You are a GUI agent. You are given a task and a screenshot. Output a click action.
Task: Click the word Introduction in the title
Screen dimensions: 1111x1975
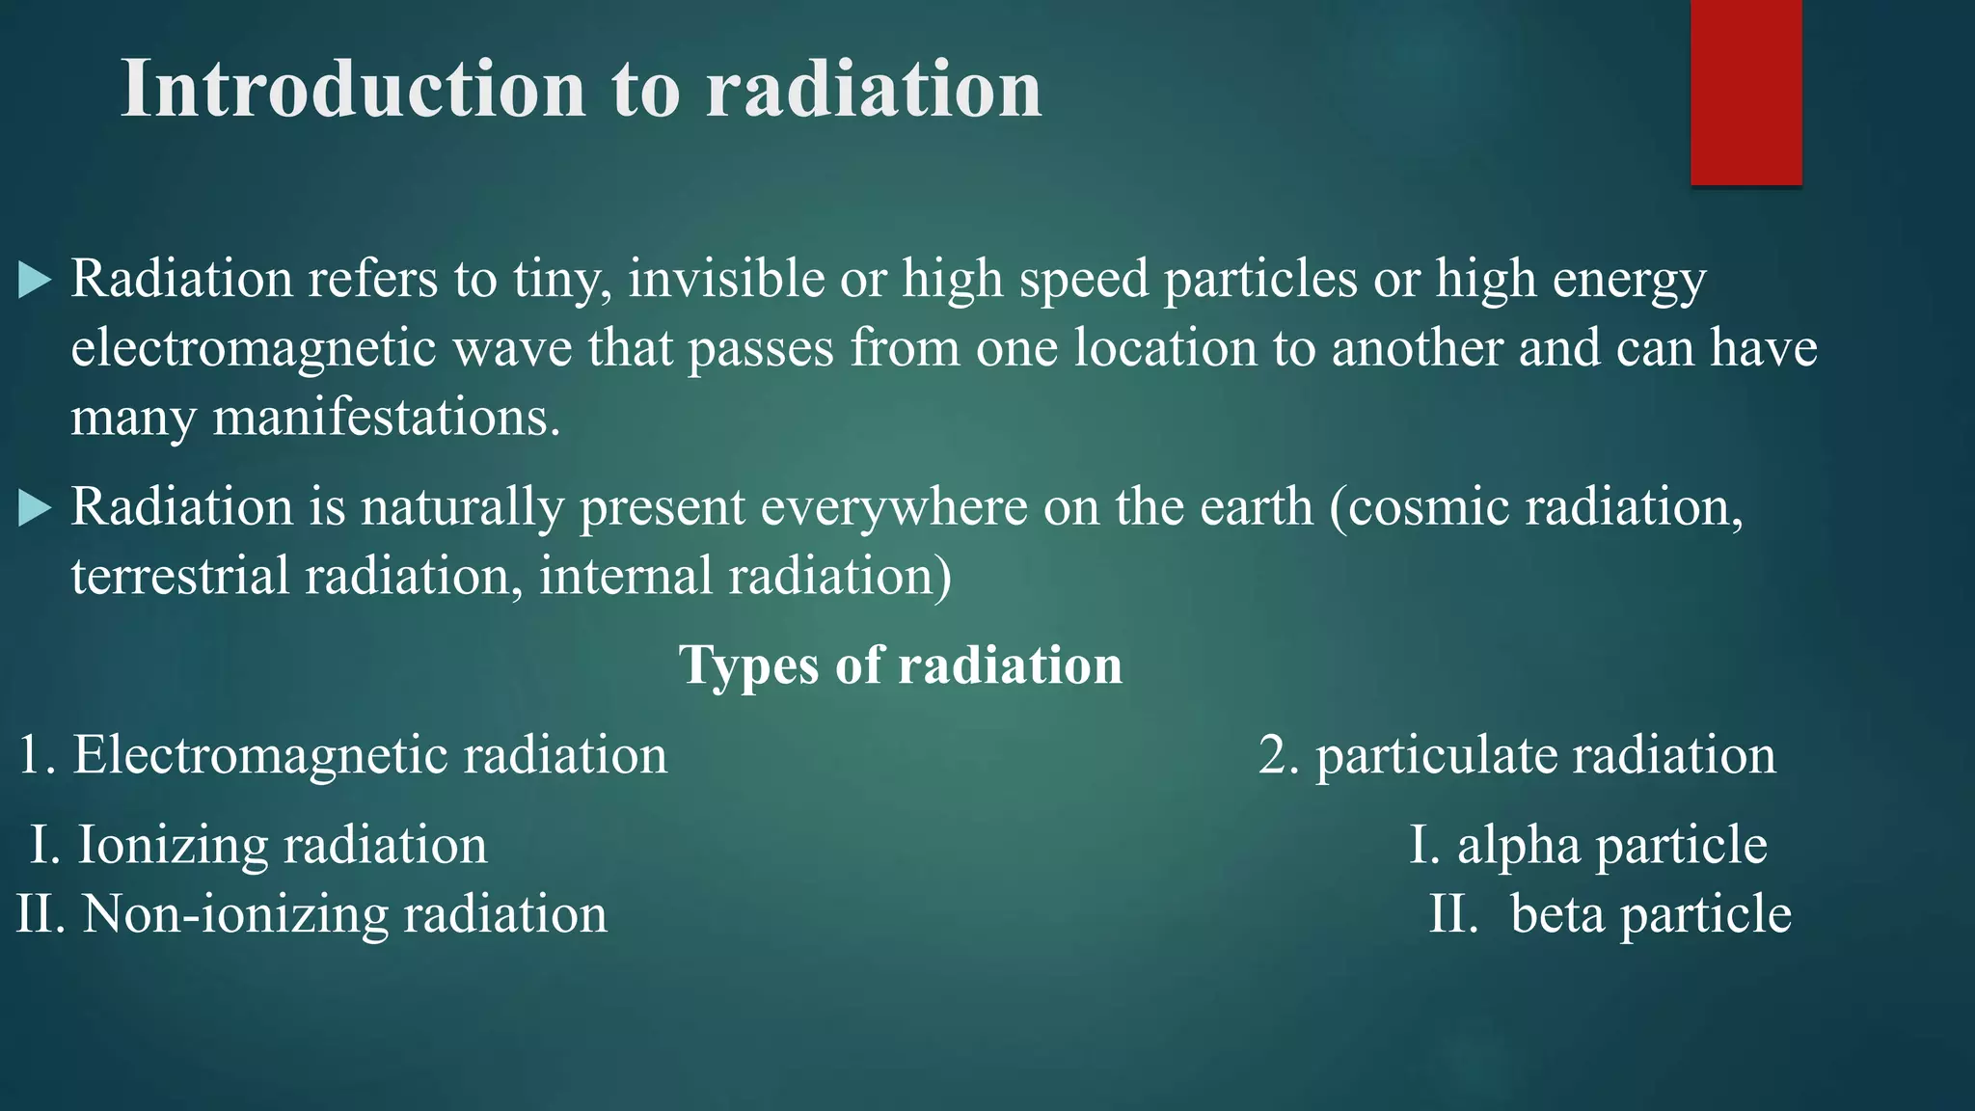click(x=353, y=89)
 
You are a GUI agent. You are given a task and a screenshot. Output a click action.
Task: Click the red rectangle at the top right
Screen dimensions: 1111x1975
click(x=1745, y=92)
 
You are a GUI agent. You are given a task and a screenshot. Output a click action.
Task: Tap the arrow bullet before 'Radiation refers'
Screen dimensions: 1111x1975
click(x=35, y=281)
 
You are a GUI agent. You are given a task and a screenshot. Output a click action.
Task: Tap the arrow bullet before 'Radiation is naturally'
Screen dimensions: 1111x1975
click(x=35, y=508)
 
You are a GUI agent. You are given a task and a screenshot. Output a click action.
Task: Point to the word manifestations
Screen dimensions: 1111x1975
click(x=386, y=419)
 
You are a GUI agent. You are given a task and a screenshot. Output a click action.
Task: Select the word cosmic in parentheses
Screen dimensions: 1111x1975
click(x=1428, y=508)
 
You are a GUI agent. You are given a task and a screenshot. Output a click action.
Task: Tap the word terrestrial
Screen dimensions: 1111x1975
click(x=179, y=577)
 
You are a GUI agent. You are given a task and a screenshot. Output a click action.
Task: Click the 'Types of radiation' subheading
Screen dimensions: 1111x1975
click(x=901, y=665)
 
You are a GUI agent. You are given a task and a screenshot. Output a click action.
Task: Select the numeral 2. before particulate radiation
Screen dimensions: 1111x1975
click(x=1279, y=755)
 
